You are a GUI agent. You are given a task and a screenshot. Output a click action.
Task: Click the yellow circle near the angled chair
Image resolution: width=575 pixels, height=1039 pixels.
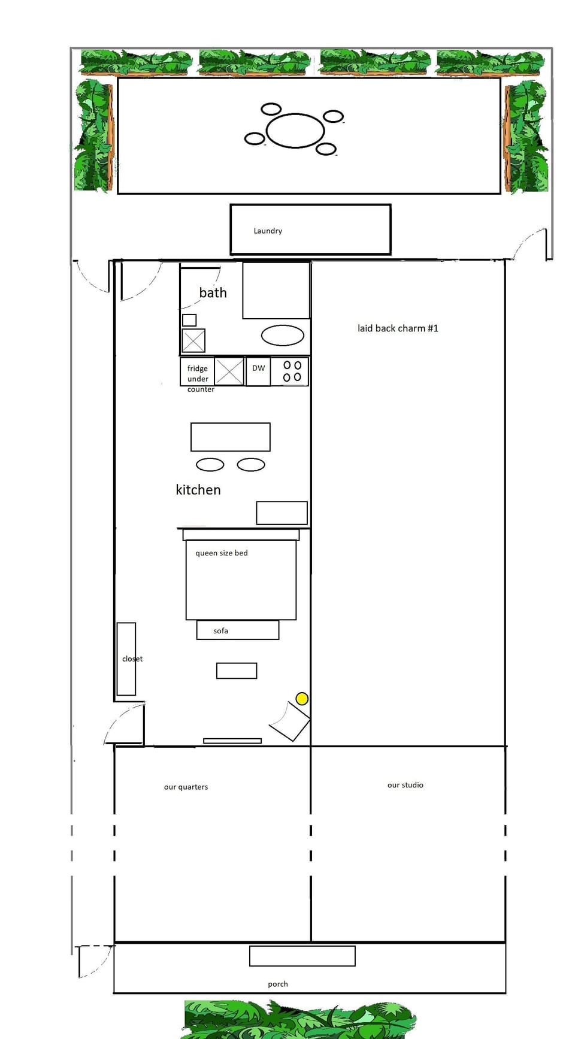[x=302, y=699]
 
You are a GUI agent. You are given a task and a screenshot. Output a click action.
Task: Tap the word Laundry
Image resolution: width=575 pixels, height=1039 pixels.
[x=268, y=231]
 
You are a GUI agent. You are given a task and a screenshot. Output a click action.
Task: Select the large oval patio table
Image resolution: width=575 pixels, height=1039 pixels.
[x=295, y=130]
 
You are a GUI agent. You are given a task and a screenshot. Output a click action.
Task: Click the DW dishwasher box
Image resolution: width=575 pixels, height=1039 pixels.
[x=258, y=371]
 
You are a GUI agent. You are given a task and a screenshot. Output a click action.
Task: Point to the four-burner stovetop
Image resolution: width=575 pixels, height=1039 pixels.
[x=292, y=371]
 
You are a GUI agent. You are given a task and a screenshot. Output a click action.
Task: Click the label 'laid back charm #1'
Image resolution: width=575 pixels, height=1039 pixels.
[x=398, y=328]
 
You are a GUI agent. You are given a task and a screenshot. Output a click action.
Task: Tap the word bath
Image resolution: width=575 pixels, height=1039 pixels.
[x=213, y=293]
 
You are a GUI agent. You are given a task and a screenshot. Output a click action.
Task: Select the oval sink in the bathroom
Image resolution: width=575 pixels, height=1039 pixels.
[x=283, y=336]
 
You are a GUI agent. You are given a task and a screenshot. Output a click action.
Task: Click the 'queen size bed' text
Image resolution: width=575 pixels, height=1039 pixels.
[x=221, y=553]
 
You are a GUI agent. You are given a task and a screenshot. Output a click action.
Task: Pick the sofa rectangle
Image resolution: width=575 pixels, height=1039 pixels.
[x=238, y=630]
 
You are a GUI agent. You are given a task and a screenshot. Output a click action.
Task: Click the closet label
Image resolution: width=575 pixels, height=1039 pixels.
[x=132, y=659]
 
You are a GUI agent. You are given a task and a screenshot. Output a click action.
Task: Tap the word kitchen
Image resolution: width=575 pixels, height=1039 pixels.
[x=198, y=490]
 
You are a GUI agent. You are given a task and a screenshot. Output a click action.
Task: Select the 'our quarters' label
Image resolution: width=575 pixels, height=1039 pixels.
[x=186, y=787]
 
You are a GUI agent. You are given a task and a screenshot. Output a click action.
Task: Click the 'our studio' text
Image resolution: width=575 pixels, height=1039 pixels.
[x=405, y=785]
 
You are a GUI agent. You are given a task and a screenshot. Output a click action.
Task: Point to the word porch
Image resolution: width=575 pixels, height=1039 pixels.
[x=278, y=984]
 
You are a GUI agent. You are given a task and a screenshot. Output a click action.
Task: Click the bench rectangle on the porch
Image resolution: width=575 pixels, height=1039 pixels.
[x=302, y=956]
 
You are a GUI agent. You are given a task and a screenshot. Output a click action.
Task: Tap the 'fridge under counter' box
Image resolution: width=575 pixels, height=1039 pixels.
[x=197, y=373]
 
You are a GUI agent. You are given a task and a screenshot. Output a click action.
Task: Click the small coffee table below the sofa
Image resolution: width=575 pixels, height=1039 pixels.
[x=237, y=670]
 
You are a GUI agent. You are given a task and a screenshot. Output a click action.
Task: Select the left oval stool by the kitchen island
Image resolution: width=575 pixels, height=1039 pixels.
[x=210, y=464]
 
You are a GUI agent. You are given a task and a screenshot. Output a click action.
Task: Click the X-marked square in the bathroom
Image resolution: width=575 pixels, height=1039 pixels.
[x=193, y=341]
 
